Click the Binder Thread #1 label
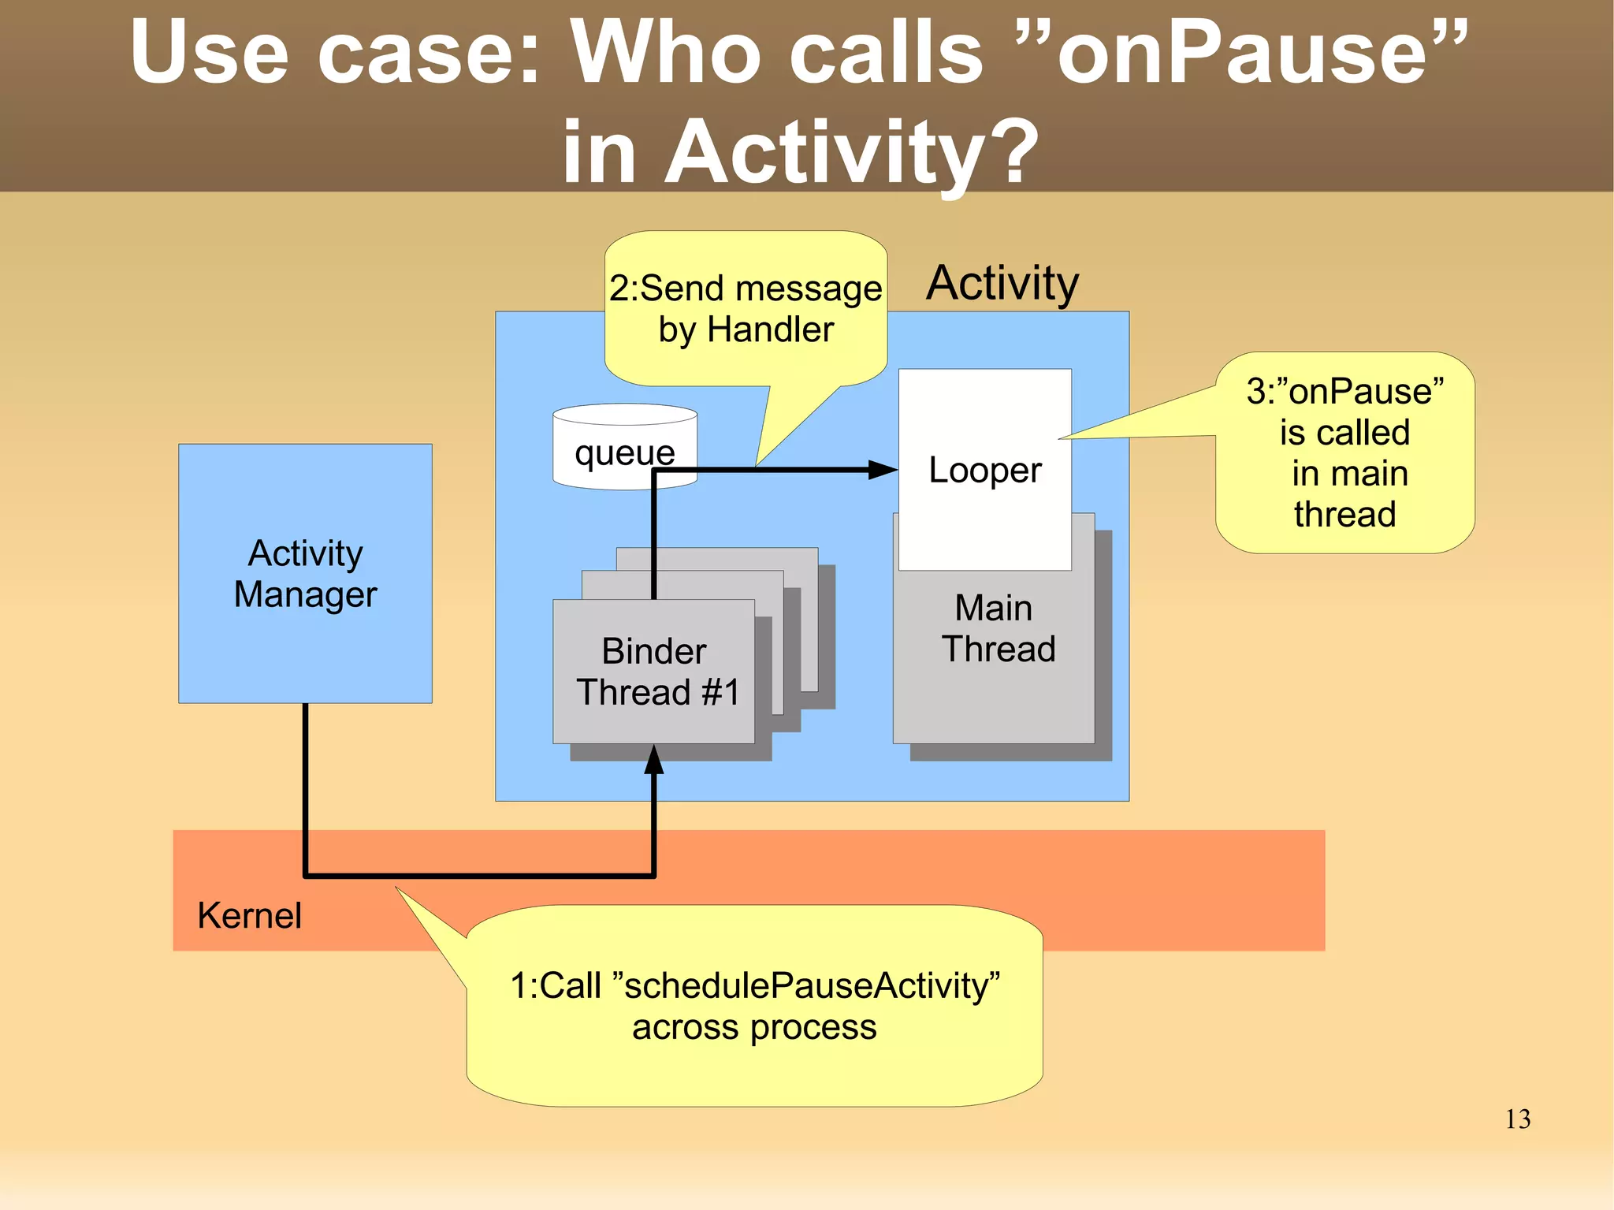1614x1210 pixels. click(656, 672)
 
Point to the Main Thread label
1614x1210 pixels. click(997, 628)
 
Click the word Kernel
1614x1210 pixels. click(249, 915)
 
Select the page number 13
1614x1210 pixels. click(1517, 1119)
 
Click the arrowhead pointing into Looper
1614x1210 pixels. click(883, 471)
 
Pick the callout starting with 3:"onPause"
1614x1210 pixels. click(1344, 452)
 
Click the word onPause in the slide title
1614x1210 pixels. click(1242, 54)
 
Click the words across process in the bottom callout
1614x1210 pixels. click(754, 1027)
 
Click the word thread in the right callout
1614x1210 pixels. click(1344, 514)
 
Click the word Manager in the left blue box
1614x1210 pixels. click(305, 594)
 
